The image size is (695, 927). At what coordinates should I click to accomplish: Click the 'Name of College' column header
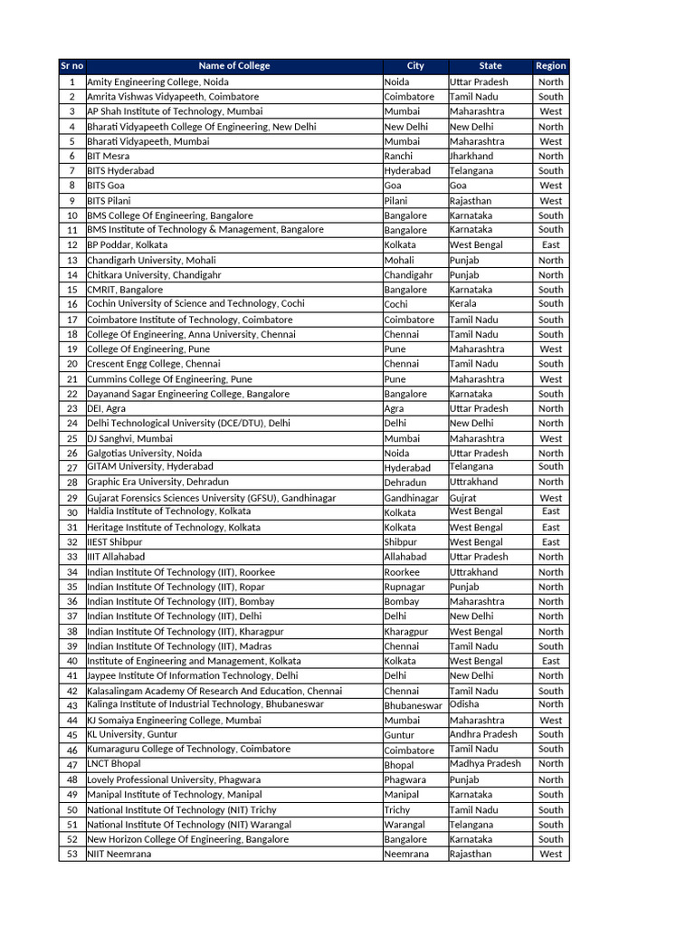click(233, 66)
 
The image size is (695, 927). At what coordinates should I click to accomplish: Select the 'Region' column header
click(550, 66)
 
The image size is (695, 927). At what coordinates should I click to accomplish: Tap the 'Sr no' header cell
click(71, 66)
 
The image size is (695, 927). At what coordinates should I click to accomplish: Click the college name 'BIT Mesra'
click(109, 156)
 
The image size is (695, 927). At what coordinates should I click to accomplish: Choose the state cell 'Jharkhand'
click(471, 156)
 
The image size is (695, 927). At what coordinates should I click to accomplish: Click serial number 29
click(71, 498)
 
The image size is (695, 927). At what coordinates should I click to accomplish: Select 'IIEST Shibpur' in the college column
click(115, 542)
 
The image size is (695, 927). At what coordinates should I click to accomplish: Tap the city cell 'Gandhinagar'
click(411, 498)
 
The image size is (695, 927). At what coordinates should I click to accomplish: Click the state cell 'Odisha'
click(464, 704)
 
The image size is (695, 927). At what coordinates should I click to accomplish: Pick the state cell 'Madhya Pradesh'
click(485, 763)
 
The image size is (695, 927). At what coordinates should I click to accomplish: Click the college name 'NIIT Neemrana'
click(119, 854)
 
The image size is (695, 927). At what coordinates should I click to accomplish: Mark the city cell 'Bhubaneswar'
click(414, 705)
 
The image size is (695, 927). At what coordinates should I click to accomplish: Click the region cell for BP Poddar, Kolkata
click(550, 244)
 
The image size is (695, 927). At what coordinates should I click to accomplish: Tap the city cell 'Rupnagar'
click(404, 587)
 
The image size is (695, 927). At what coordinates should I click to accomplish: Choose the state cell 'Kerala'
click(462, 304)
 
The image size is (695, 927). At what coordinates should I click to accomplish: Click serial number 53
click(71, 854)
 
